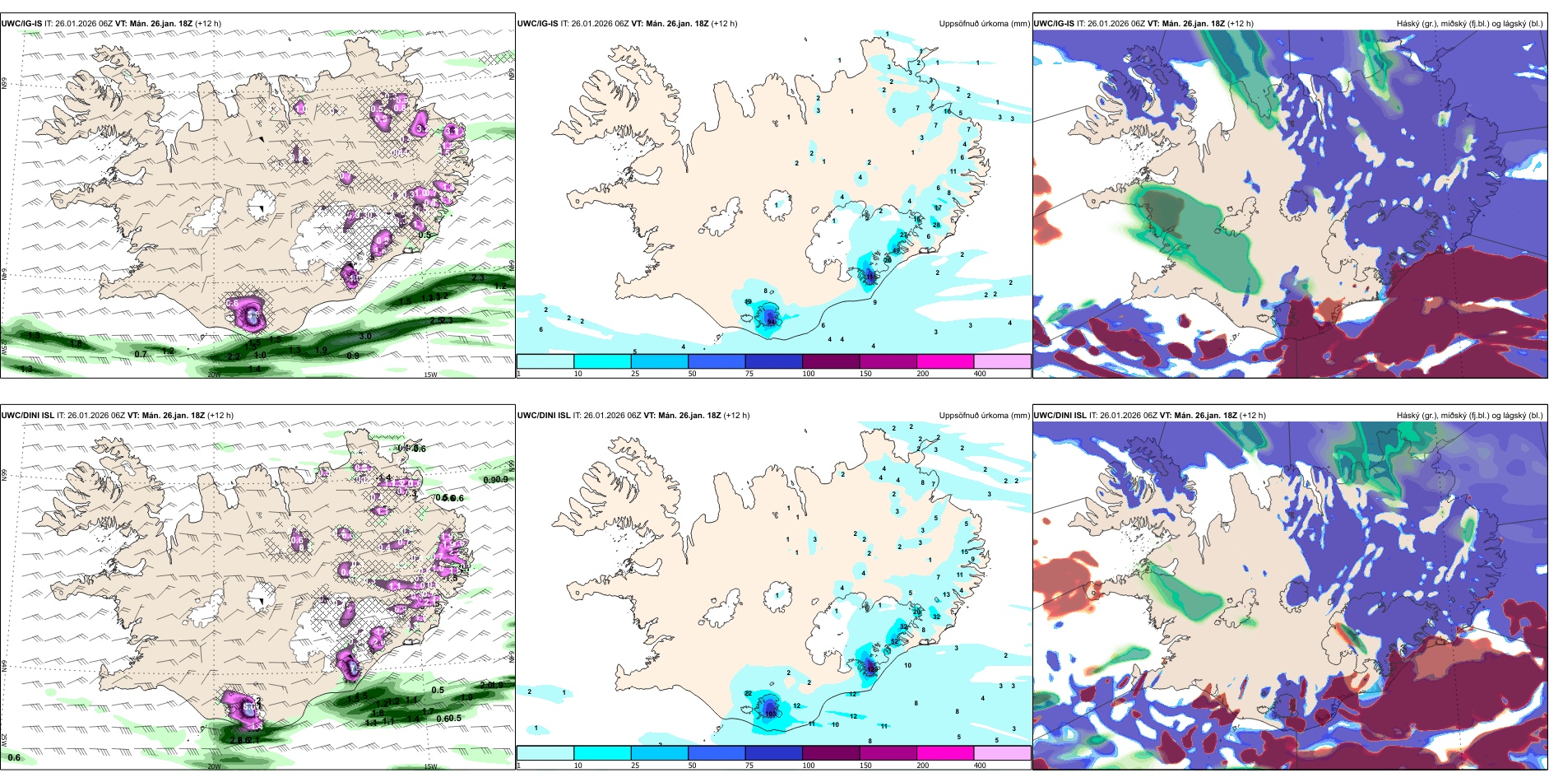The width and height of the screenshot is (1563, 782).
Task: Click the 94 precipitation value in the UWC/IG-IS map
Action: point(772,323)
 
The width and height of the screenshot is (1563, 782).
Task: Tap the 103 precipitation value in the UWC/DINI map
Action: point(771,714)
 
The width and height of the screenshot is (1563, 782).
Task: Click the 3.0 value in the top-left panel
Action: point(365,336)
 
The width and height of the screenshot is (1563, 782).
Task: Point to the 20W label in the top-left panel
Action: point(214,375)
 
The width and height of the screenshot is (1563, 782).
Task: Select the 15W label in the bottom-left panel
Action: point(430,766)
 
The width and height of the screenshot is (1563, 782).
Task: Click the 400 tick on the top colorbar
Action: point(980,374)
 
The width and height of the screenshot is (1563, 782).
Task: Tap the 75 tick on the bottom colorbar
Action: point(749,766)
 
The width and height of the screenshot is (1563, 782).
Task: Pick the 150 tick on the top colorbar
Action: point(865,374)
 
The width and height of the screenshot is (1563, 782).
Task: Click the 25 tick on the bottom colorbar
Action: point(635,766)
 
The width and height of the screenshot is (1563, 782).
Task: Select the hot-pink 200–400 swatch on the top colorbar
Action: point(945,361)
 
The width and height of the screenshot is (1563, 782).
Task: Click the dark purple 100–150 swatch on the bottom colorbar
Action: point(831,753)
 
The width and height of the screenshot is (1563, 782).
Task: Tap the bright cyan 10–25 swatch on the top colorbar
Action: point(602,361)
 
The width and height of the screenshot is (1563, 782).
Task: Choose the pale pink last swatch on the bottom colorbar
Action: point(1002,753)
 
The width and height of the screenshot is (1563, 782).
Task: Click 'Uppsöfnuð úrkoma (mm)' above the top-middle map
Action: point(984,24)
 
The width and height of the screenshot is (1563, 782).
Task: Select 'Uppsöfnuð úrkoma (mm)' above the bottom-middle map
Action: point(984,416)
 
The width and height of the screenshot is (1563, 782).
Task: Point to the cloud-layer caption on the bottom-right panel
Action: point(1469,416)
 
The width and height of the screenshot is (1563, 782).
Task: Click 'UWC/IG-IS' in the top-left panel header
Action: point(21,24)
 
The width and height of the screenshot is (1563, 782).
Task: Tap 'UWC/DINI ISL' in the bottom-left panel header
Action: point(27,416)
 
